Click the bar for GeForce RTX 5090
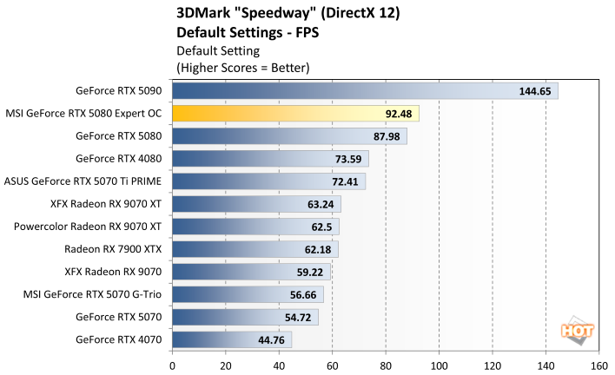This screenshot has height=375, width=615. (365, 90)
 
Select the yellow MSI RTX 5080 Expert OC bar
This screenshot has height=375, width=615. (295, 113)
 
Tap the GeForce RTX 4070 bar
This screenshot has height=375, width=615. (232, 339)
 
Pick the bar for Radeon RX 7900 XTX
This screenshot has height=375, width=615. (255, 249)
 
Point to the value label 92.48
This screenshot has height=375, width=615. (399, 113)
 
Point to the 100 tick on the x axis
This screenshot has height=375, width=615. (439, 365)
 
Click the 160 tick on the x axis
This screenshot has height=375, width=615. (598, 365)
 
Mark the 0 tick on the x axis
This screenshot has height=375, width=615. (173, 365)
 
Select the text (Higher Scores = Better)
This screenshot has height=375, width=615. (242, 67)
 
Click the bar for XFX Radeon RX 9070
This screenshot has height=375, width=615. (252, 272)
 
